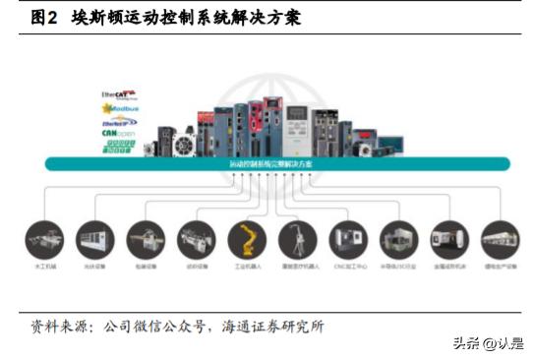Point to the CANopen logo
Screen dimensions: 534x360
click(119, 133)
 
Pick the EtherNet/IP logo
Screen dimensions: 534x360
click(119, 121)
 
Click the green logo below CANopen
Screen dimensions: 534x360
click(119, 147)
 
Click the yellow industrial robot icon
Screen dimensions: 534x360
click(247, 239)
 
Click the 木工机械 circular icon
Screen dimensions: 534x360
click(44, 239)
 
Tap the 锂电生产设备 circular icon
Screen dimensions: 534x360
click(500, 239)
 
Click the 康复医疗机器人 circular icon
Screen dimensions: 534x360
click(297, 239)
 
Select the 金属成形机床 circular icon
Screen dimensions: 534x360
click(449, 239)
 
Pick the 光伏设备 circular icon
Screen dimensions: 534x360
click(94, 239)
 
